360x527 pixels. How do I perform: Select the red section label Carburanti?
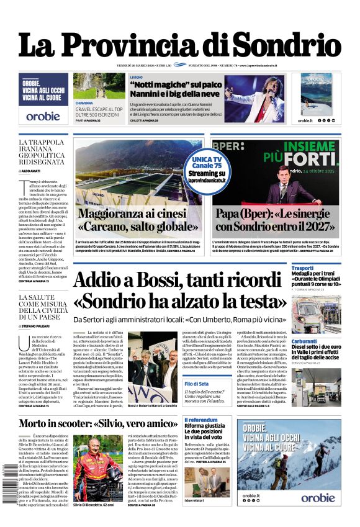point(304,341)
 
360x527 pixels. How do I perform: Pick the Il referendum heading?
point(201,420)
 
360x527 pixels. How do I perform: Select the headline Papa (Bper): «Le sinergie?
point(276,221)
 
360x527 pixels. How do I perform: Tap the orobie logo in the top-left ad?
point(43,115)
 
